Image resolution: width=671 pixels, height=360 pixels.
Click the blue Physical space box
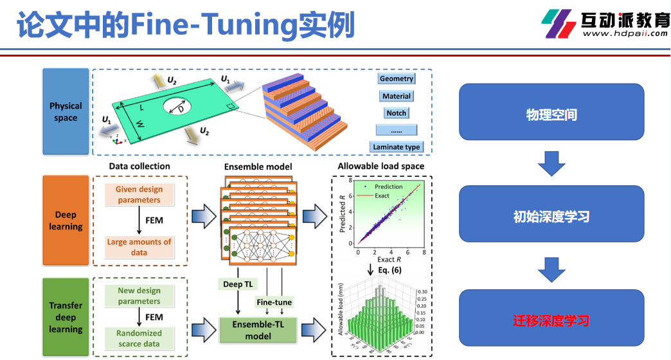(x=66, y=112)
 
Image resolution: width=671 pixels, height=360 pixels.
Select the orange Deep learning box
(x=66, y=221)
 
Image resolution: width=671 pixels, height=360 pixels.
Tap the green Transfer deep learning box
(x=66, y=317)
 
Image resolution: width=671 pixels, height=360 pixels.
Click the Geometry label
(x=396, y=79)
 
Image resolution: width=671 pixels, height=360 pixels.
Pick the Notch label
(x=396, y=113)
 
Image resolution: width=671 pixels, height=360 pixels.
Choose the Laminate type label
(x=396, y=147)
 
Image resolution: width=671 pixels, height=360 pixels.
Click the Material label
(x=396, y=96)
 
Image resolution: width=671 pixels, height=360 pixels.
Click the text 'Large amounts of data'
(x=139, y=247)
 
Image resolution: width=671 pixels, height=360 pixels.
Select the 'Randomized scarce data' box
(x=139, y=338)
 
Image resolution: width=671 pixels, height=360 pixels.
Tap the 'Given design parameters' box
(x=139, y=195)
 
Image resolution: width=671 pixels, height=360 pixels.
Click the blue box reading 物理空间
(x=551, y=115)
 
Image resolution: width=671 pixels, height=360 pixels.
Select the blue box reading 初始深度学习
(x=551, y=217)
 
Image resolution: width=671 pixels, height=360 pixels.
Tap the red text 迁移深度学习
(x=551, y=321)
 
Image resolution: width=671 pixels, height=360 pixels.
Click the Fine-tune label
(x=274, y=302)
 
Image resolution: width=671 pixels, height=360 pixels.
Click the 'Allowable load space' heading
(x=381, y=166)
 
